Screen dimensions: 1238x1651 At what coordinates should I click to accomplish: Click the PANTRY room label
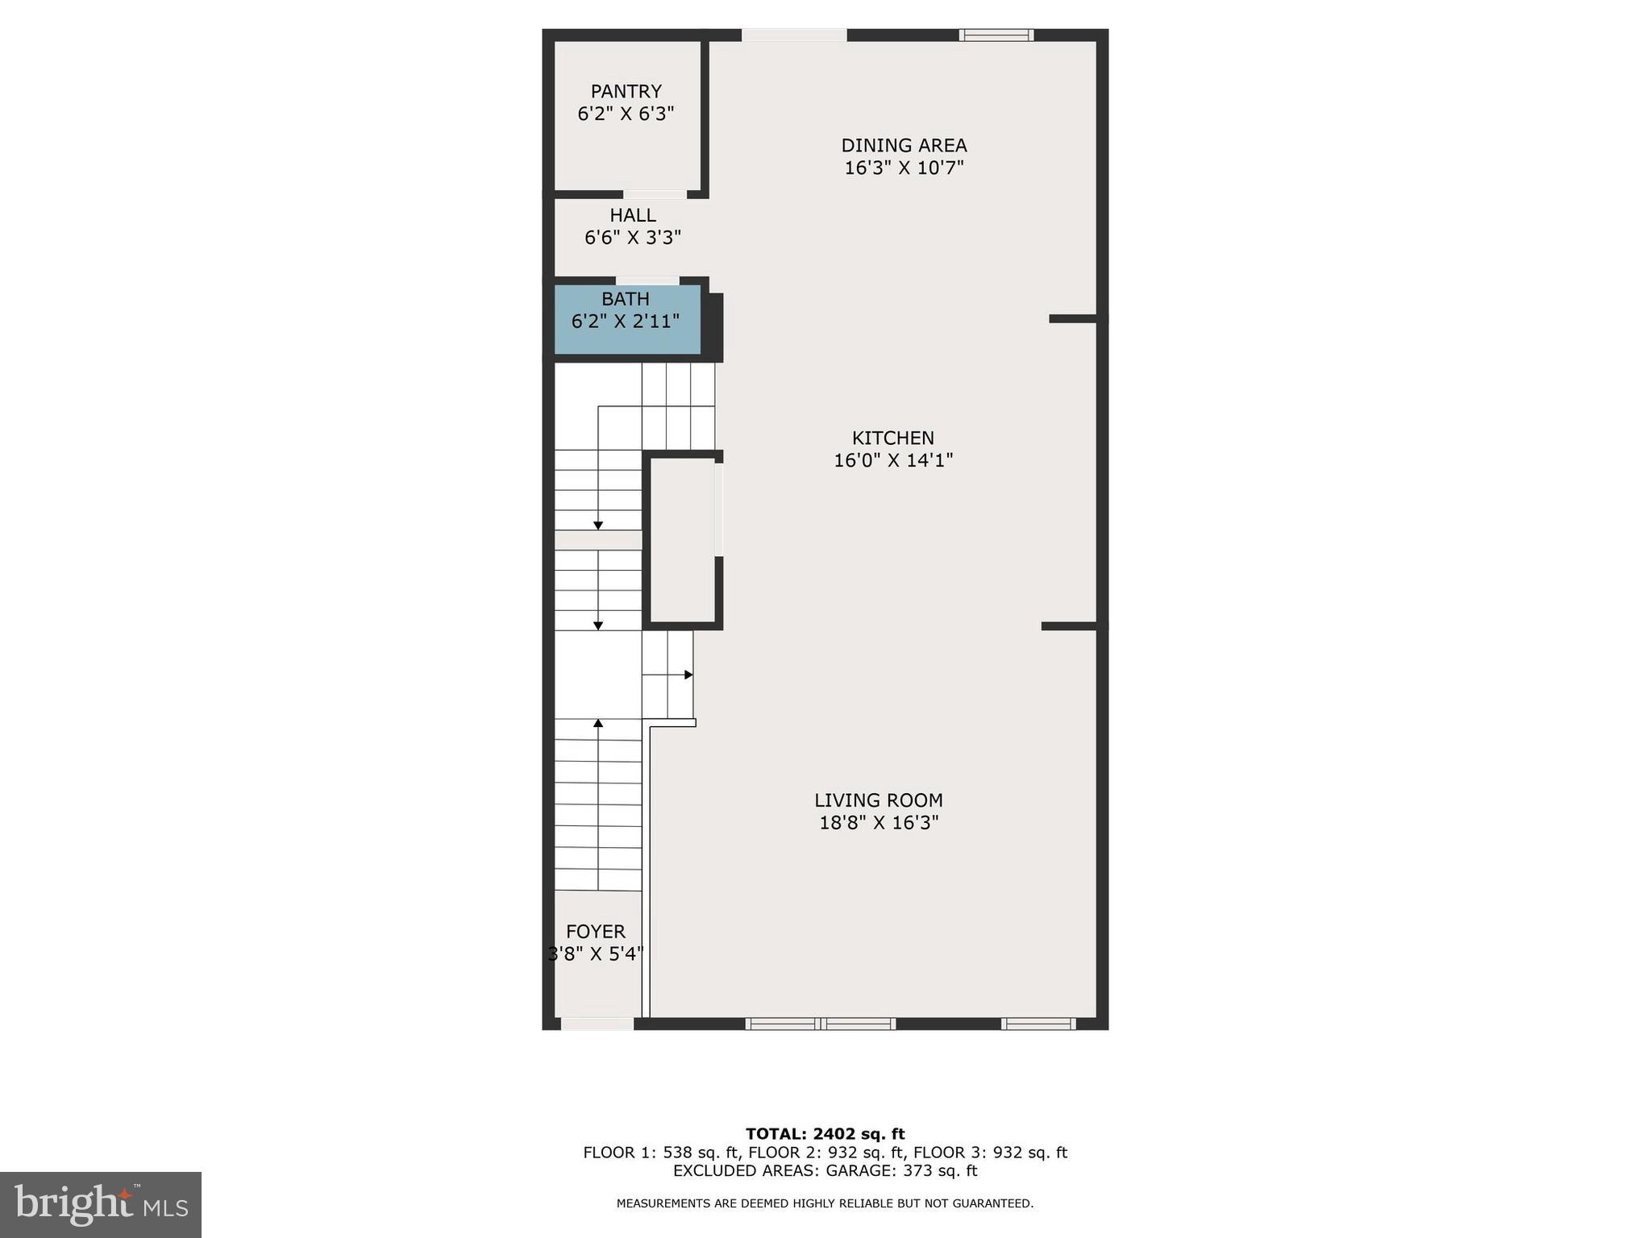coord(626,92)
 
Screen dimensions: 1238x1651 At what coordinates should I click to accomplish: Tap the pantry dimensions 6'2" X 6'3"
coord(626,114)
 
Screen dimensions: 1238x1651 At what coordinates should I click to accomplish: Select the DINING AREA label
coord(904,146)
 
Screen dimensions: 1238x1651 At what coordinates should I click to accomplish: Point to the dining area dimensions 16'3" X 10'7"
coord(904,168)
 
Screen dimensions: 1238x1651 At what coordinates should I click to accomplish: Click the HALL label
coord(633,216)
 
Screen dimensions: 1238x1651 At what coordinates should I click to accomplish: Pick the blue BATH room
coord(626,320)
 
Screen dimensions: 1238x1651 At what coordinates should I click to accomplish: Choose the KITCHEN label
coord(893,438)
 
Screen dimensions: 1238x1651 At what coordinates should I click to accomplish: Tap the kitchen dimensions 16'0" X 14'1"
coord(893,460)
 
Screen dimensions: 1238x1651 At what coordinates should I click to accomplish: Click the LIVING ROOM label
coord(878,800)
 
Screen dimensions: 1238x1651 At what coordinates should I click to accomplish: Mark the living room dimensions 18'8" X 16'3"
coord(879,823)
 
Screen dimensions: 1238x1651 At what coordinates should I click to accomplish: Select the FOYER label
coord(596,932)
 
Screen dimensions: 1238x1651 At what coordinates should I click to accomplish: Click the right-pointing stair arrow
coord(688,675)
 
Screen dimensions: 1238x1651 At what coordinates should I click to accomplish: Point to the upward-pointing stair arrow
coord(598,724)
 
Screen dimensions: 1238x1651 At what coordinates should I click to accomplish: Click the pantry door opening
coord(655,194)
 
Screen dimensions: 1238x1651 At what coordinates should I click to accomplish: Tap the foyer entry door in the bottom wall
coord(597,1024)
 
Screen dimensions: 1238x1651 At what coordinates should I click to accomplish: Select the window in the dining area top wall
coord(996,35)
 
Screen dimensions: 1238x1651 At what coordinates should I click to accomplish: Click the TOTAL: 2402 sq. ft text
coord(825,1134)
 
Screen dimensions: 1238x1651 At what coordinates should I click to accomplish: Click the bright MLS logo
coord(101,1204)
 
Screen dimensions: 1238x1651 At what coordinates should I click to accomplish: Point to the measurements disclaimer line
coord(825,1203)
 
